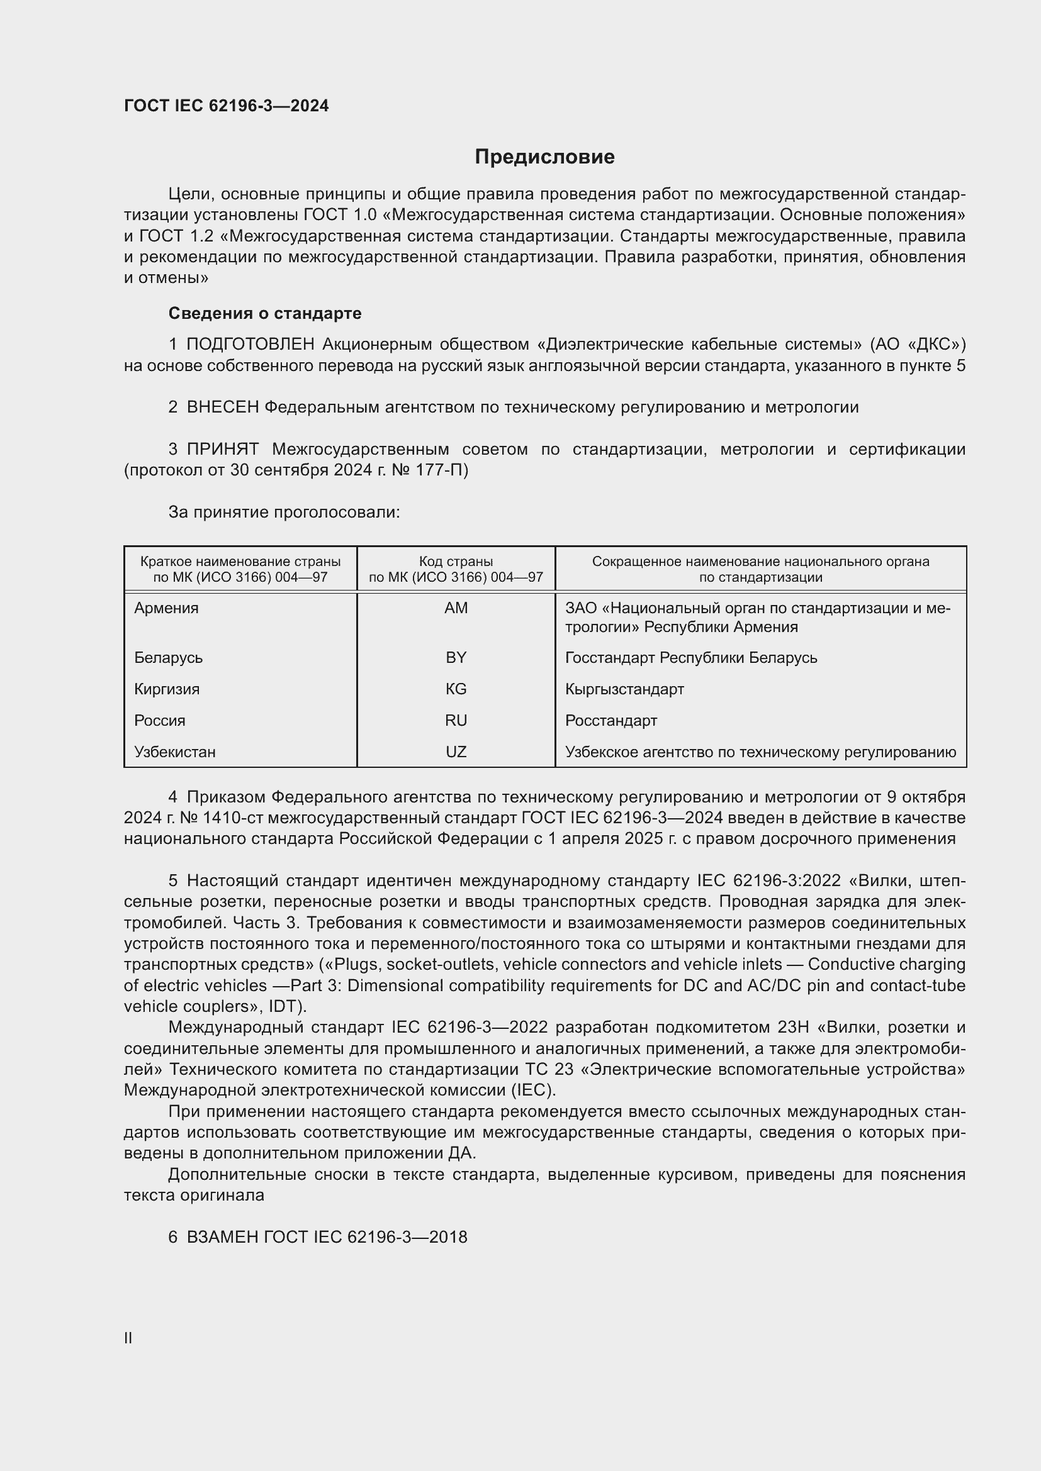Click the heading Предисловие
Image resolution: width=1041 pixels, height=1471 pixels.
click(544, 157)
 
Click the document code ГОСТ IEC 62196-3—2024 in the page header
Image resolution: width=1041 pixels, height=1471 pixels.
click(227, 106)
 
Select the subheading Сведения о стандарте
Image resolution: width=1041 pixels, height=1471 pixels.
click(265, 313)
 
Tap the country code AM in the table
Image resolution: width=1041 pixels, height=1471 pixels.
click(456, 608)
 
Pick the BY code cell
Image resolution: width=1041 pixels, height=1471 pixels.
click(456, 658)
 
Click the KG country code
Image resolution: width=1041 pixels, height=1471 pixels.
click(456, 689)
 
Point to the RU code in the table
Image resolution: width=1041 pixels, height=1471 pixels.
click(456, 721)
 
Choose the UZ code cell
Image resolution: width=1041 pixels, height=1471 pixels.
click(456, 752)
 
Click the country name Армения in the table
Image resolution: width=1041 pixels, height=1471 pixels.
click(166, 608)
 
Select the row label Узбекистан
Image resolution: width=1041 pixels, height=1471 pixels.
click(174, 752)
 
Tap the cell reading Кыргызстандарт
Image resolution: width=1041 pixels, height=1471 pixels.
click(624, 689)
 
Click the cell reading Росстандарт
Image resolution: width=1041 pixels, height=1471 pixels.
click(611, 721)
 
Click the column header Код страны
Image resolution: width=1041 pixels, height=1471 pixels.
click(456, 562)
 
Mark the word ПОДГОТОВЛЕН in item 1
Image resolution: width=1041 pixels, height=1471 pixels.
click(250, 345)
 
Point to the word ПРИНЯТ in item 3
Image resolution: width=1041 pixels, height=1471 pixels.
click(222, 450)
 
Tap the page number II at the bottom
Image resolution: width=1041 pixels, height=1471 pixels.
click(128, 1338)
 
